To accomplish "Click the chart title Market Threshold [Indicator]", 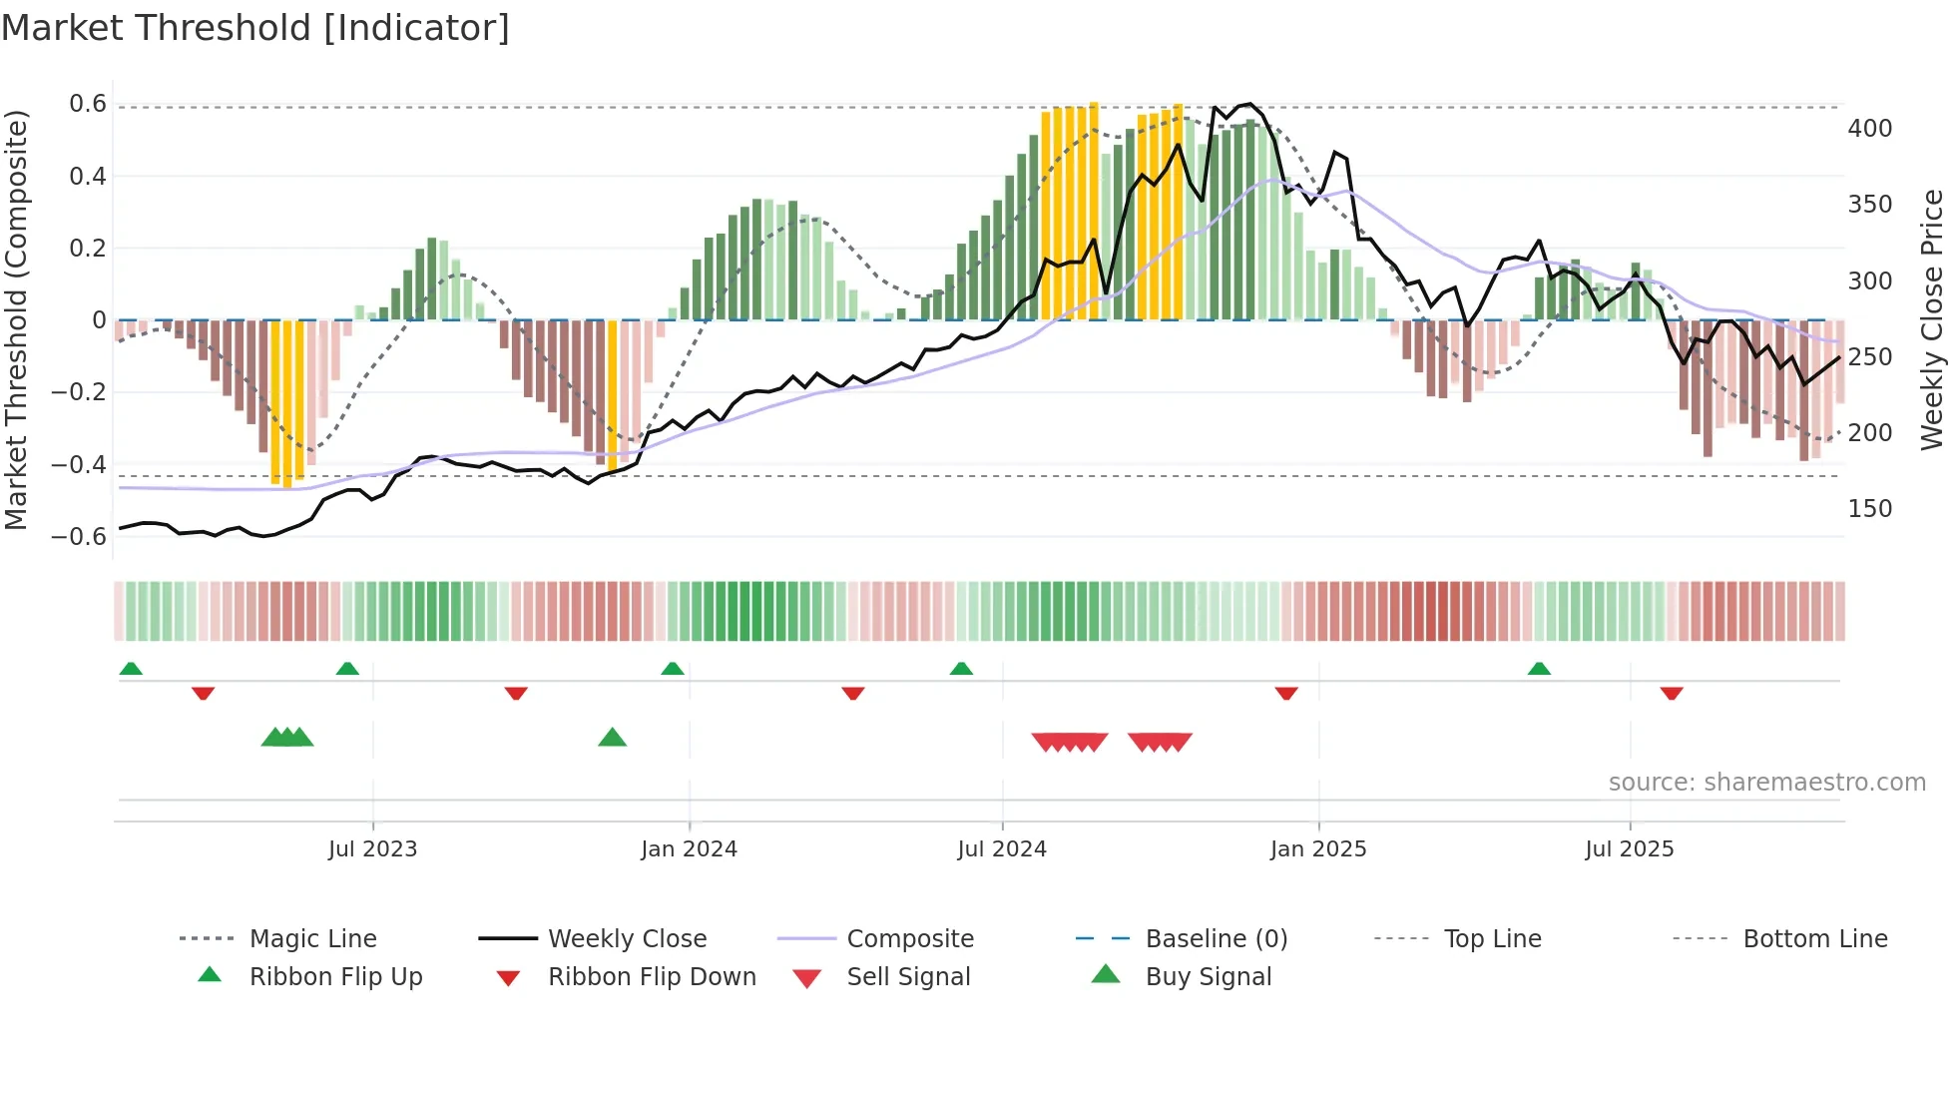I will coord(255,28).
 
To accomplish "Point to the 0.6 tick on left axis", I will coord(88,104).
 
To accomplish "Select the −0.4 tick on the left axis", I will coord(79,464).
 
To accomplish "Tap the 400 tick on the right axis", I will coord(1869,129).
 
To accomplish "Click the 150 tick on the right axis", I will coord(1869,509).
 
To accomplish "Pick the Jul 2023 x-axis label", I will coord(372,849).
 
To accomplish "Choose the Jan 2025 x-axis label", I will coord(1317,849).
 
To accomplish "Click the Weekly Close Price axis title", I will coord(1932,319).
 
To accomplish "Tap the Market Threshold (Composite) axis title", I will coord(16,319).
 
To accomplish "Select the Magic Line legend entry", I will coord(312,939).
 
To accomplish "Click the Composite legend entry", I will coord(909,939).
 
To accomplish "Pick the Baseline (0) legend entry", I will coord(1216,939).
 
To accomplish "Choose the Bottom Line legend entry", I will coord(1814,939).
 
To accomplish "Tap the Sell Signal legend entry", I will coord(907,977).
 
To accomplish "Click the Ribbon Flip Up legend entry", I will coord(335,977).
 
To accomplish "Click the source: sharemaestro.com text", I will coord(1766,783).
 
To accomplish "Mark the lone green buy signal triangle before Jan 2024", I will coord(612,739).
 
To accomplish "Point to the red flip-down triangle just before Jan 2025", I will coord(1285,692).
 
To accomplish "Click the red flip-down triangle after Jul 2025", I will coord(1672,692).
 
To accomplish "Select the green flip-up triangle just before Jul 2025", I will coord(1539,669).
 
